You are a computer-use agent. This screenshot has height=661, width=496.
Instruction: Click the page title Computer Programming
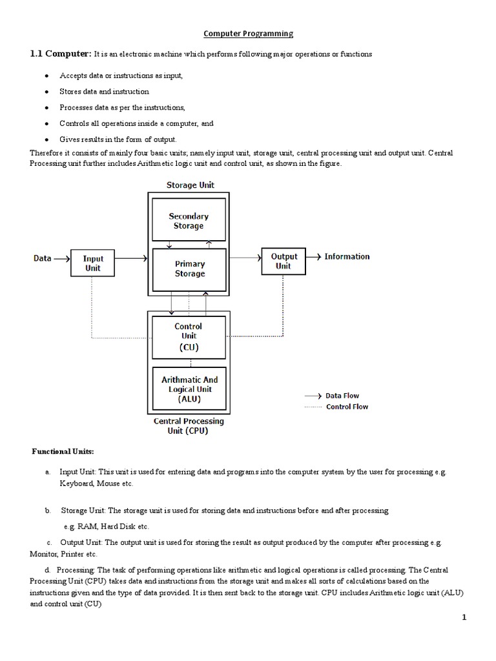(x=249, y=34)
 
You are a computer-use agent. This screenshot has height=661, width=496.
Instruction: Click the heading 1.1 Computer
(x=61, y=54)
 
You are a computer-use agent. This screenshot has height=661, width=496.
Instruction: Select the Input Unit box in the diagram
(x=93, y=263)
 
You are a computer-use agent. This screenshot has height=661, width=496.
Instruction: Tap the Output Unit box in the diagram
(x=284, y=261)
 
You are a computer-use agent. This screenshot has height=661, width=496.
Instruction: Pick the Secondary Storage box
(x=189, y=221)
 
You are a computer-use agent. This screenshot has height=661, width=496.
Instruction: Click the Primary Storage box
(x=189, y=269)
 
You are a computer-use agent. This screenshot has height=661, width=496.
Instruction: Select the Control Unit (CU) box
(x=189, y=336)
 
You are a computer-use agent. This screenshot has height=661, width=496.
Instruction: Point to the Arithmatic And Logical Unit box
(x=189, y=389)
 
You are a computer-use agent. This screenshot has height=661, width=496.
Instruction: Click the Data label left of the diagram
(x=43, y=258)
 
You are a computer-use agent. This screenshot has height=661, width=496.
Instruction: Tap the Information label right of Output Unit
(x=347, y=256)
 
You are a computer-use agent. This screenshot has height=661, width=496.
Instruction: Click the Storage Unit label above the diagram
(x=190, y=185)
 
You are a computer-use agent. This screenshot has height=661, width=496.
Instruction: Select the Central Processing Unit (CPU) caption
(x=189, y=426)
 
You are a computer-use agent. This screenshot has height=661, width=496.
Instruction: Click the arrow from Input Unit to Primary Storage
(x=131, y=258)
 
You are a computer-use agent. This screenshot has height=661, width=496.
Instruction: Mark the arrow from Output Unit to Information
(x=313, y=256)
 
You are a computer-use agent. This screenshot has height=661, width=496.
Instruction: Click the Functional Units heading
(x=63, y=451)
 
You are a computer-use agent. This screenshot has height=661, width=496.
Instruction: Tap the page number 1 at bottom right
(x=464, y=617)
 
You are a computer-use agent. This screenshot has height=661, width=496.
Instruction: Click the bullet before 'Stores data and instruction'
(x=48, y=92)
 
